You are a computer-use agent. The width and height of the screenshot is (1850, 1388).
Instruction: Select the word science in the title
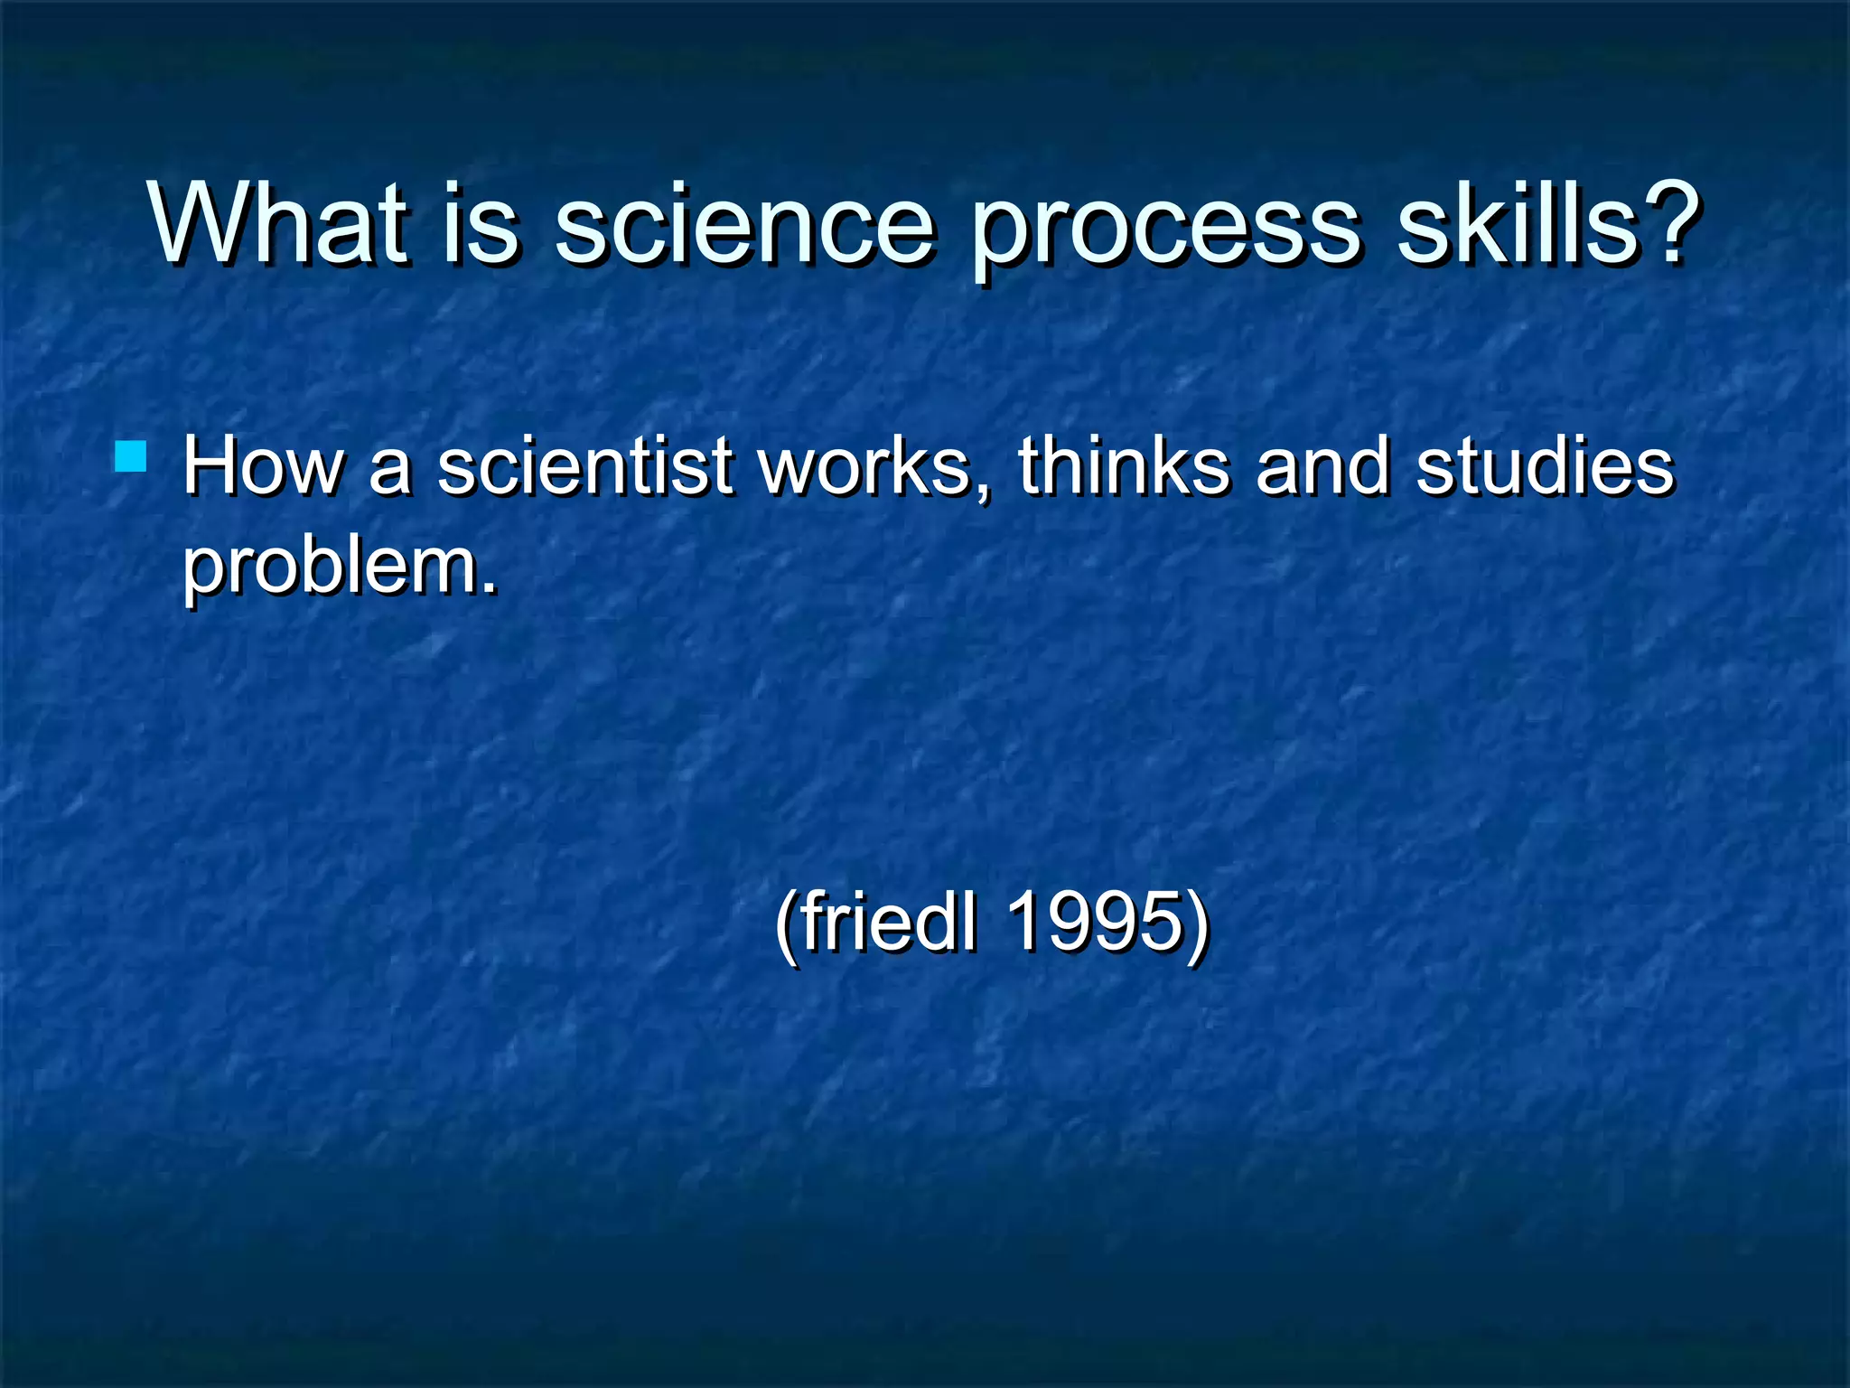[x=743, y=226]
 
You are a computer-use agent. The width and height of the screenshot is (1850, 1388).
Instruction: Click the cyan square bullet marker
[x=131, y=456]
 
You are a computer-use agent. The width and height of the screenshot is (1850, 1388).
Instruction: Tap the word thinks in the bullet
[x=1124, y=467]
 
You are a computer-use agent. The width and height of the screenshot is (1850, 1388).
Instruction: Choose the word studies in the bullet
[x=1545, y=467]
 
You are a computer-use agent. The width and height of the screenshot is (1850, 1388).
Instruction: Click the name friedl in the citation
[x=889, y=922]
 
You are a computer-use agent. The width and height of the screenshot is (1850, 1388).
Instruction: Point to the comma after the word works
[x=983, y=493]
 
